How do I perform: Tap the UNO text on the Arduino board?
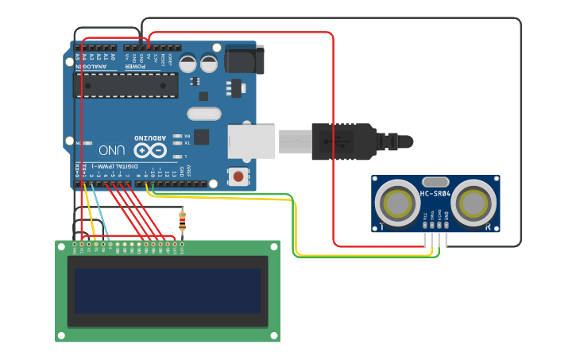(x=111, y=149)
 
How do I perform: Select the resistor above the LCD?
(x=183, y=219)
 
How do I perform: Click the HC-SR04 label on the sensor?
(x=435, y=194)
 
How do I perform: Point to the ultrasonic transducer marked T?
(x=396, y=204)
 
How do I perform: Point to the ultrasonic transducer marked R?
(x=474, y=204)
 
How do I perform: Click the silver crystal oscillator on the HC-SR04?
(x=435, y=182)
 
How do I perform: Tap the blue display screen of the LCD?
(x=168, y=291)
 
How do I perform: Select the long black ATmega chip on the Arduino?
(x=126, y=85)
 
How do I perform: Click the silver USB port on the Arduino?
(x=251, y=141)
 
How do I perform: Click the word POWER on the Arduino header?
(x=134, y=67)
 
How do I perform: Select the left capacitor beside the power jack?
(x=189, y=64)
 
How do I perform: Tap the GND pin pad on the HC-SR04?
(x=446, y=225)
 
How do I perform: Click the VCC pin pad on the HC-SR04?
(x=425, y=225)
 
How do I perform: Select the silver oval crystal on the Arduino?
(x=205, y=114)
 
